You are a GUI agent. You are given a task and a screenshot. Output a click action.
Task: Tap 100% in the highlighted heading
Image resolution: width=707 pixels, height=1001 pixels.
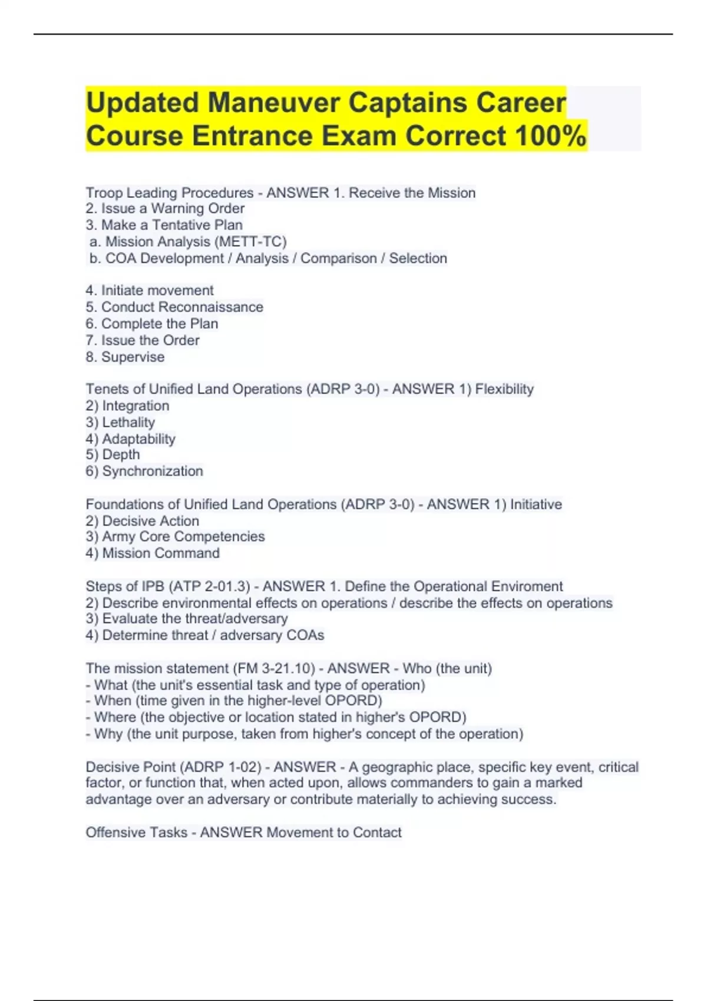550,136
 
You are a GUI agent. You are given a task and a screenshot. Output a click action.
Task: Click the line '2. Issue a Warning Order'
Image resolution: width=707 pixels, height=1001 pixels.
165,208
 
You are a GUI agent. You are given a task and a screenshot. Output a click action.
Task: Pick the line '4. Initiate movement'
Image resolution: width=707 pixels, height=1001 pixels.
150,290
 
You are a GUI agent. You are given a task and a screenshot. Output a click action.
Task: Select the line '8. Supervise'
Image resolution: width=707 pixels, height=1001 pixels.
125,357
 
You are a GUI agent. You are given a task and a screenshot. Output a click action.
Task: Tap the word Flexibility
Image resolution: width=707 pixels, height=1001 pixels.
504,389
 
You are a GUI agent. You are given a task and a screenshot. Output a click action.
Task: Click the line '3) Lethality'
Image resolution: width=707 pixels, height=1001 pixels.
120,422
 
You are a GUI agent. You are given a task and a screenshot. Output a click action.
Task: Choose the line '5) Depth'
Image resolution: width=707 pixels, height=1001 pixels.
113,455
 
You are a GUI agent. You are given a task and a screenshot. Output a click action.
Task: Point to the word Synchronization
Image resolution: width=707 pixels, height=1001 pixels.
153,471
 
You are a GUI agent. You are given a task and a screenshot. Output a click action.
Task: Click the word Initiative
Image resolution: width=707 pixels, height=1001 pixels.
536,504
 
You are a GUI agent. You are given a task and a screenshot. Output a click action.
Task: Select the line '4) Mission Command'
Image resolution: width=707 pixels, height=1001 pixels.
153,553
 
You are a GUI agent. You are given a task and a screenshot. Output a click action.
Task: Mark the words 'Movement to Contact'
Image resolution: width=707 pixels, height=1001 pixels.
334,833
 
